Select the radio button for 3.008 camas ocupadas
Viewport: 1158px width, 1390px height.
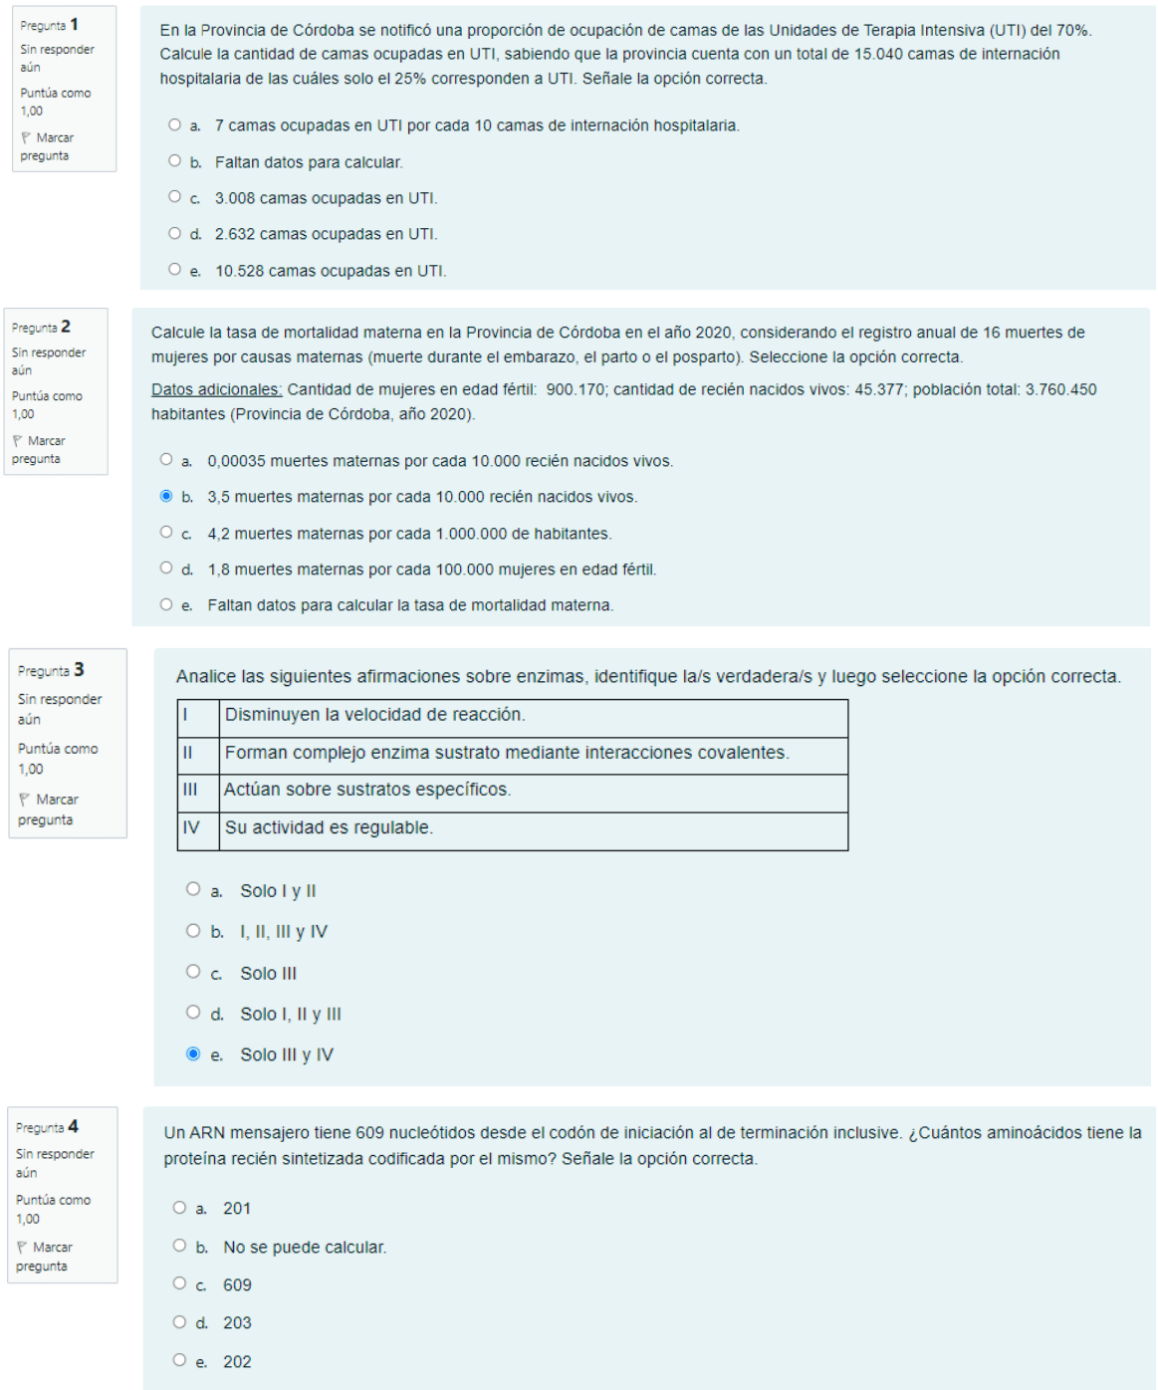175,197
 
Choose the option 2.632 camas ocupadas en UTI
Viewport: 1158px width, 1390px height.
175,233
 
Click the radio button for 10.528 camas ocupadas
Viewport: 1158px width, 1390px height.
175,269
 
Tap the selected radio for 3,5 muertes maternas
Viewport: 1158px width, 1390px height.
166,496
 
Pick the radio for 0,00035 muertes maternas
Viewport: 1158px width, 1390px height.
166,459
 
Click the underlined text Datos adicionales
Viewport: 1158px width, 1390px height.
216,389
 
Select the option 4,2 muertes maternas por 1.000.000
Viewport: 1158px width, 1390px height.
166,532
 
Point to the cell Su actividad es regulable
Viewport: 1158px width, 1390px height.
533,828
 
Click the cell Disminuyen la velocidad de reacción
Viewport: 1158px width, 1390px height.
533,716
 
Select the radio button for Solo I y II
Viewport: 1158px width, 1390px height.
193,889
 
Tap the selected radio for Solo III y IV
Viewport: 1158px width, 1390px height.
193,1053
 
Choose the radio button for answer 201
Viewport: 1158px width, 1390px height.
179,1208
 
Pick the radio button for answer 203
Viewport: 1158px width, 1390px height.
179,1322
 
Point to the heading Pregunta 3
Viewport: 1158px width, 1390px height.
51,670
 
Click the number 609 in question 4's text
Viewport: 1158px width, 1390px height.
369,1133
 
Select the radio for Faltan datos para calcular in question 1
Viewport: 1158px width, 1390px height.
175,160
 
